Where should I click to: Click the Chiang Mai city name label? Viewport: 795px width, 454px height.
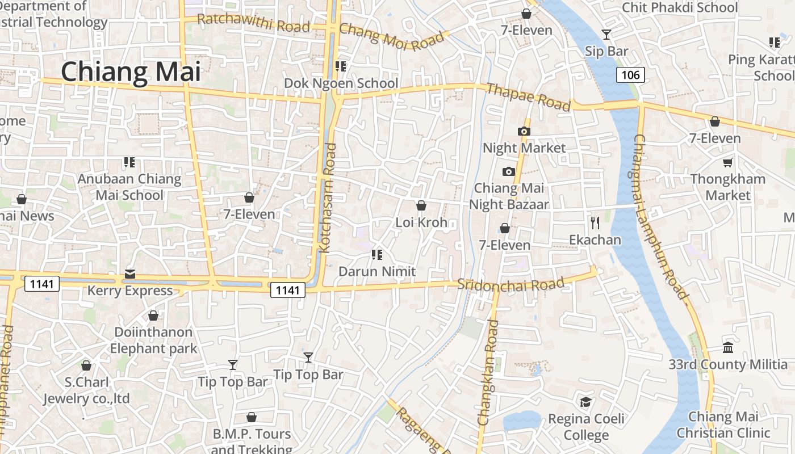tap(131, 72)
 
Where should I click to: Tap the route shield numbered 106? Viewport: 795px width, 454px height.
tap(630, 74)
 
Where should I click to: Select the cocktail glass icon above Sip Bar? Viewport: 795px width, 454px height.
tap(606, 35)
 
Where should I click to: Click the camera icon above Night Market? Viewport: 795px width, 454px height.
tap(524, 131)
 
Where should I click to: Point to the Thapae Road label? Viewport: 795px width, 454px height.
tap(529, 97)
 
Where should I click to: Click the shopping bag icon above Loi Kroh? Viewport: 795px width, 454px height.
tap(421, 205)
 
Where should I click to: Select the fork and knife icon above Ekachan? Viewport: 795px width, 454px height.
tap(595, 222)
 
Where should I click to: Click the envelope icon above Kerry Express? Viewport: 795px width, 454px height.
tap(130, 275)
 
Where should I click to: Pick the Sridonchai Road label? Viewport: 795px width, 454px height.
tap(511, 284)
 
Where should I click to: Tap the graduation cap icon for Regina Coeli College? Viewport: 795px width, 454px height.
tap(585, 402)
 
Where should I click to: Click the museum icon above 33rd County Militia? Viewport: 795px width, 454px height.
tap(728, 347)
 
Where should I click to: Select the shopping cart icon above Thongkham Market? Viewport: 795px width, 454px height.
tap(727, 163)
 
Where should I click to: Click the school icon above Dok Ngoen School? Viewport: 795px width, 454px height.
tap(341, 66)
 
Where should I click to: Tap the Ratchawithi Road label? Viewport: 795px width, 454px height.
tap(253, 23)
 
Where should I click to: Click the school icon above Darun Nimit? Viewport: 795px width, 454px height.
tap(377, 255)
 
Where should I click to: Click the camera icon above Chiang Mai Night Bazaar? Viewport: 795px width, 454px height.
tap(508, 171)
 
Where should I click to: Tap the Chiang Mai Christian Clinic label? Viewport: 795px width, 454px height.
tap(723, 424)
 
